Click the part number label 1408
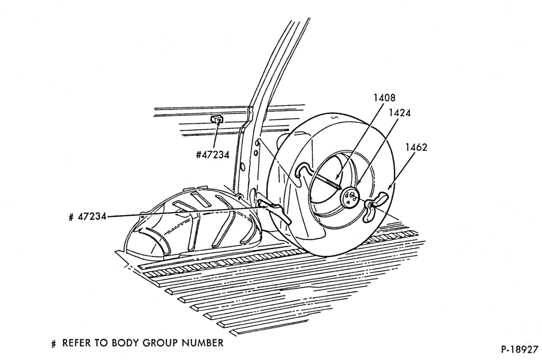pos(384,98)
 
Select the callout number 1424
pos(399,113)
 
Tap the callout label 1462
pos(416,147)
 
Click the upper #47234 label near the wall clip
pos(212,155)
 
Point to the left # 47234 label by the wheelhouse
pos(87,217)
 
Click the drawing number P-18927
pos(520,349)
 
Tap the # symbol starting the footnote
pos(53,344)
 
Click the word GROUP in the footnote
pos(160,343)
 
